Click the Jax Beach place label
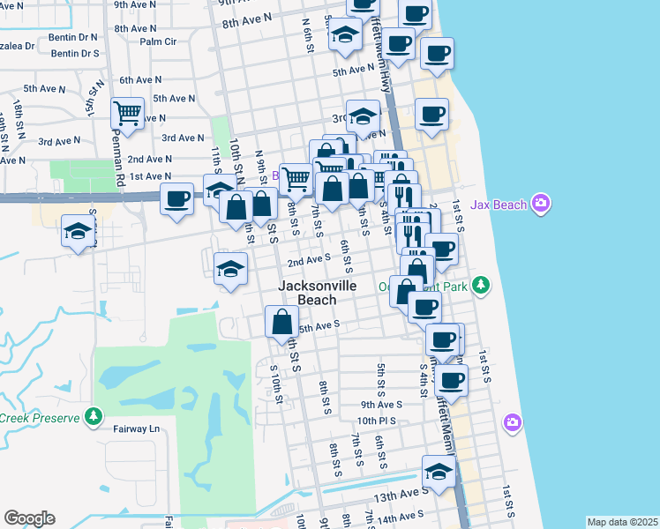[500, 205]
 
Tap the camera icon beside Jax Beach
[541, 205]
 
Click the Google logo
[30, 518]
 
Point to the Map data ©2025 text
[622, 522]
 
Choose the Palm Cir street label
[158, 41]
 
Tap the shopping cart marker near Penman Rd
[128, 113]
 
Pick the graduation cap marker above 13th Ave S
[439, 471]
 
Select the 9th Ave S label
[380, 405]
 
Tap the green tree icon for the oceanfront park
[480, 285]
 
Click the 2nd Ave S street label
[308, 259]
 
